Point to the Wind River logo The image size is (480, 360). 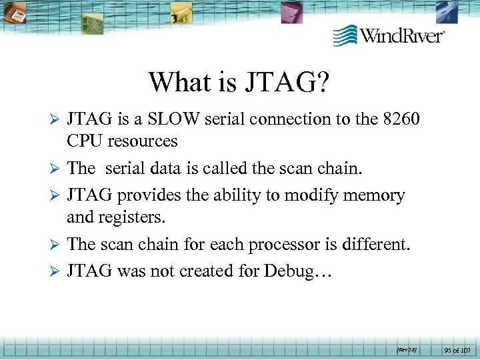[x=389, y=35]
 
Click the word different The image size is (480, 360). [x=377, y=245]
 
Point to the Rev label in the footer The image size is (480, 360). [x=406, y=349]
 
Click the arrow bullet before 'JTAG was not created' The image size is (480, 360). [x=55, y=271]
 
